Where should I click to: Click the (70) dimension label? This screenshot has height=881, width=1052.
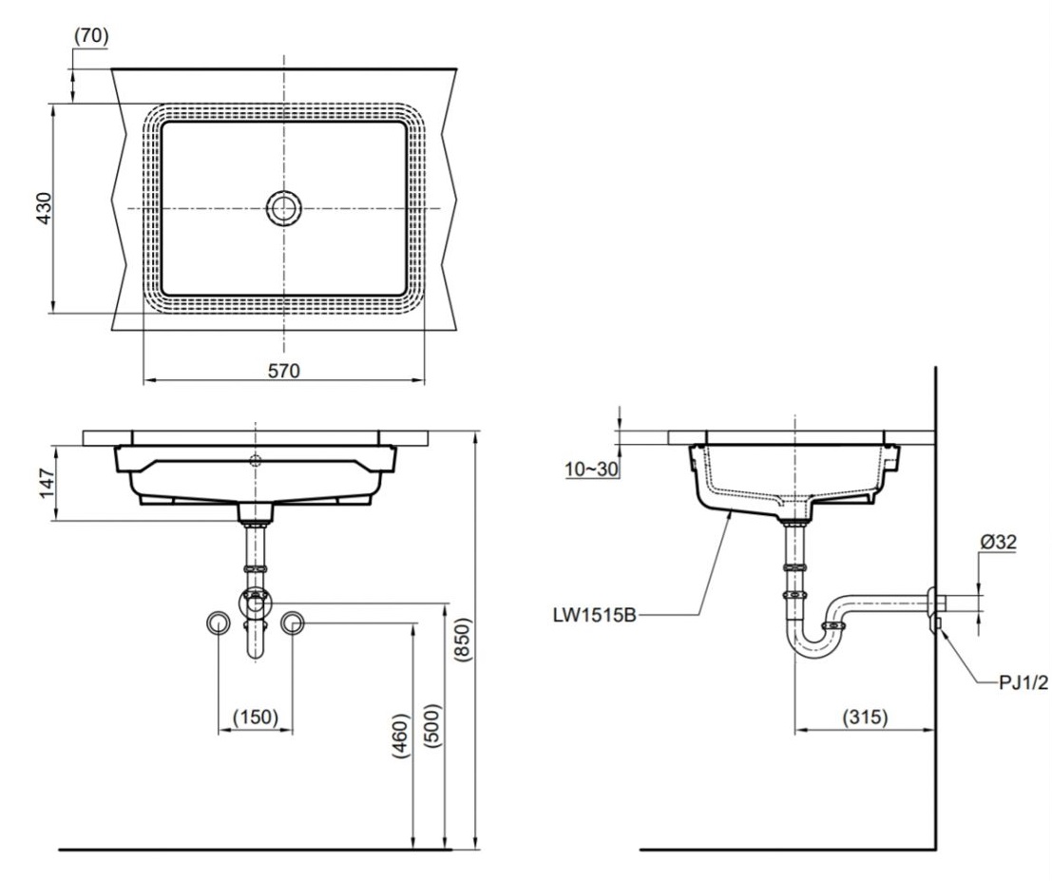pyautogui.click(x=90, y=35)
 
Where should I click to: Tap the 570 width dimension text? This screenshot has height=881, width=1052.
pyautogui.click(x=283, y=371)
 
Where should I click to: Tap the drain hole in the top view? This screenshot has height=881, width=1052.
pyautogui.click(x=283, y=207)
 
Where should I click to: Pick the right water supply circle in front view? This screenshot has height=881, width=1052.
pyautogui.click(x=292, y=622)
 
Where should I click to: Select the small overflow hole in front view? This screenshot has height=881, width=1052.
pyautogui.click(x=254, y=461)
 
